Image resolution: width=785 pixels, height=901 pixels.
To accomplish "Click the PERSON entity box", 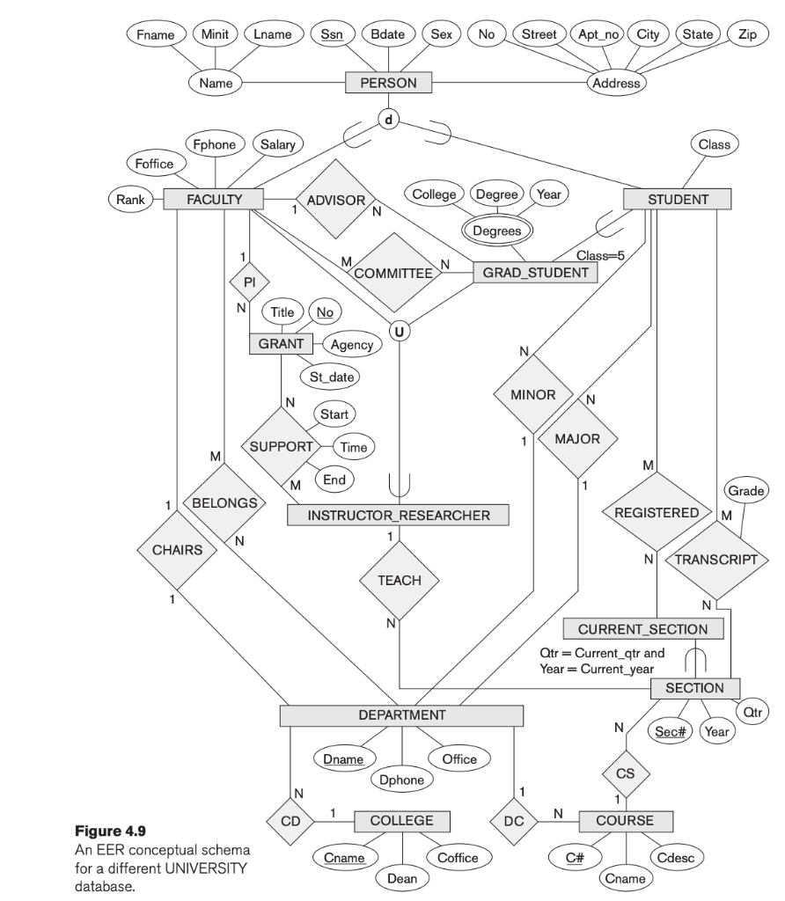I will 388,84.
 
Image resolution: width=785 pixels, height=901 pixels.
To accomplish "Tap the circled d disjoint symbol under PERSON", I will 388,118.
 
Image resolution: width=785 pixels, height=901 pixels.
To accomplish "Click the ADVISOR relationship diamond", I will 335,201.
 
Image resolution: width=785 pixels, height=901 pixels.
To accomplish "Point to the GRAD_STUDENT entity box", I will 535,273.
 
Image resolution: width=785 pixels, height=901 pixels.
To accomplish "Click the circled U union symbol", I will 400,332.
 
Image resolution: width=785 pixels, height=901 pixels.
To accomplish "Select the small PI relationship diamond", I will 248,282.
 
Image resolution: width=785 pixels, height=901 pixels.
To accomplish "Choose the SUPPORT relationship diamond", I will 282,446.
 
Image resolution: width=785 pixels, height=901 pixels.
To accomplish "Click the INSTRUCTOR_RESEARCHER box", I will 399,516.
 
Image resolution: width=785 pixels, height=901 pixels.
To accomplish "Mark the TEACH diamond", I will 399,581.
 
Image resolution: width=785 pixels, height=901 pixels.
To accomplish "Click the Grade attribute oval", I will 744,489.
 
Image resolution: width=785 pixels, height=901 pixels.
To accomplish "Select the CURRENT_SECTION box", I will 642,629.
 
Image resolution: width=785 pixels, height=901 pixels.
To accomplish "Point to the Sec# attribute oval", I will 671,731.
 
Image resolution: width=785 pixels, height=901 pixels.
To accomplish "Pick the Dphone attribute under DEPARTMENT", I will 401,779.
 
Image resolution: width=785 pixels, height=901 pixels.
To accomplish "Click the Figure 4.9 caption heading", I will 131,831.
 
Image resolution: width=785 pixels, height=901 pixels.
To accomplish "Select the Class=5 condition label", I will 600,255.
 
